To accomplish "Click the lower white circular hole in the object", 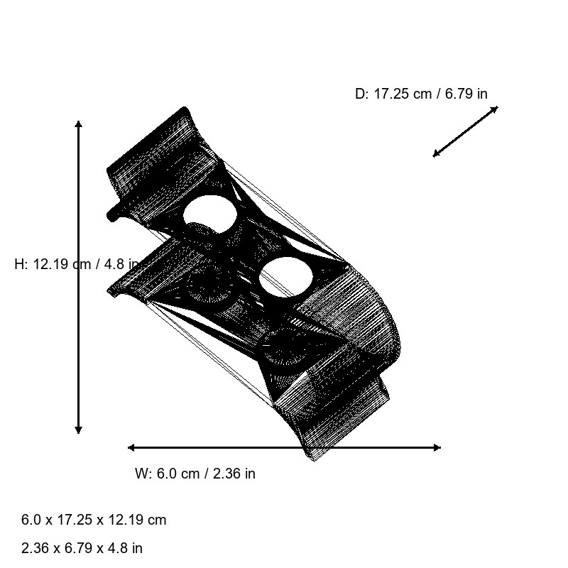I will pos(285,278).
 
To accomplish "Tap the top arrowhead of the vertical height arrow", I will pos(78,124).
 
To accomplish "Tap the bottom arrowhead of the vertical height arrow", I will pos(78,430).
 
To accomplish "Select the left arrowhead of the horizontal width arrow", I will pos(131,447).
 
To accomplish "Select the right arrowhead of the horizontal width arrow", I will pos(437,447).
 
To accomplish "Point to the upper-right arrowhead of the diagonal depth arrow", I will pos(495,109).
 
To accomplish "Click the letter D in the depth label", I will pos(359,94).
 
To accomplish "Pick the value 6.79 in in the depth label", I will pos(466,94).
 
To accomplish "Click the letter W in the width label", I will pos(141,474).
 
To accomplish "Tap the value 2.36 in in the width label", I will pos(234,474).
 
